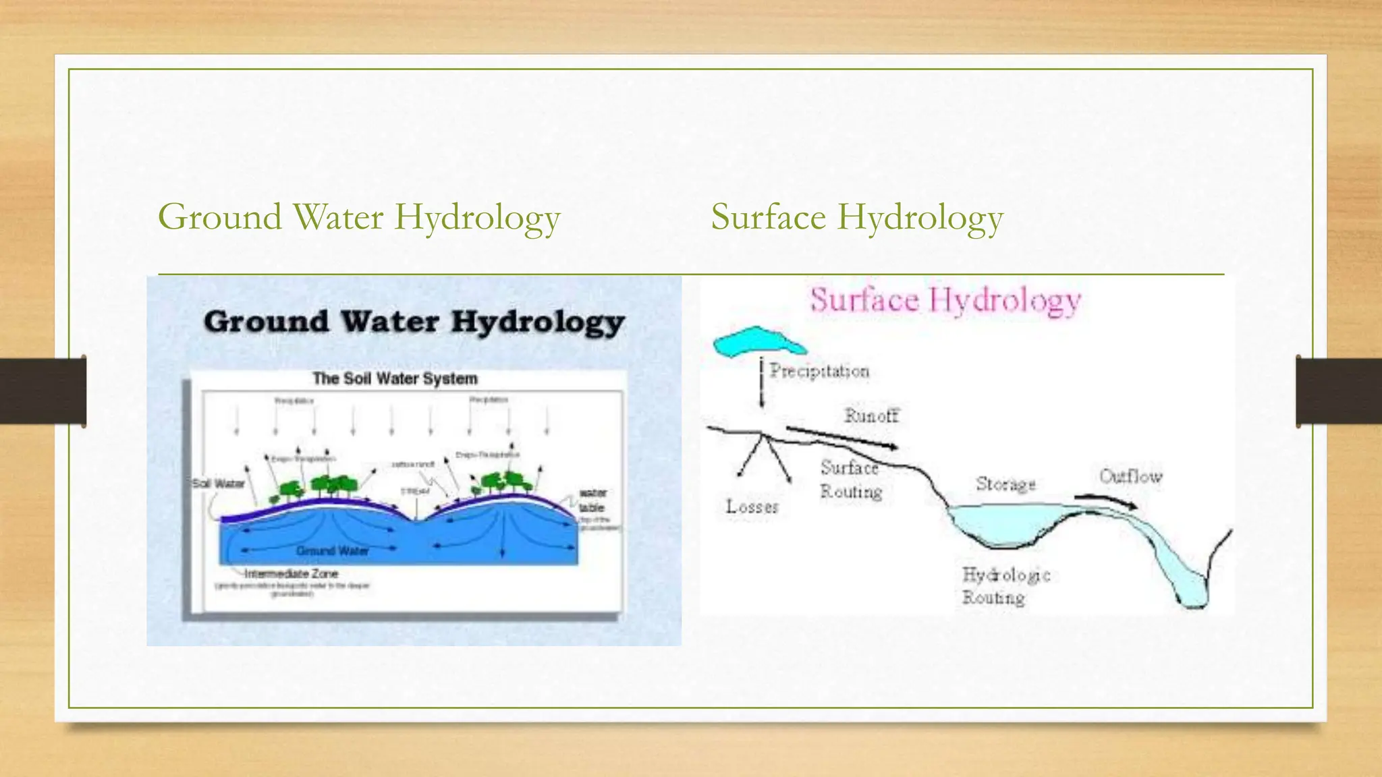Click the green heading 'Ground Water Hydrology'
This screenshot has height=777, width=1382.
pos(359,217)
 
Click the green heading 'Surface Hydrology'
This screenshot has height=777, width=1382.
pos(856,217)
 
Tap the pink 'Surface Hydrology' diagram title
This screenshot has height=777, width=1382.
pos(945,299)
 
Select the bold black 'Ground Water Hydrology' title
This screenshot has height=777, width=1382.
pos(414,322)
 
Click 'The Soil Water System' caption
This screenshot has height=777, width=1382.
pos(395,378)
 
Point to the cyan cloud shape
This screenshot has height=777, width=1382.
pos(758,341)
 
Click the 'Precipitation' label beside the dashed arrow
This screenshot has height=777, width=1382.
pos(819,371)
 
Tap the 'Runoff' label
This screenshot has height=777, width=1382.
pos(871,415)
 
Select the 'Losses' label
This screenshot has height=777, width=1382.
pos(752,507)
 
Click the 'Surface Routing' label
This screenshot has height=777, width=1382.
pos(850,480)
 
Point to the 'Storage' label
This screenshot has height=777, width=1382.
pos(1005,484)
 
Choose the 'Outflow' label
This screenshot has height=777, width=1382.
pos(1131,477)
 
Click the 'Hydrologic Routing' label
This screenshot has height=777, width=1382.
pos(1005,586)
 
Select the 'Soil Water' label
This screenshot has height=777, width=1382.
pos(218,484)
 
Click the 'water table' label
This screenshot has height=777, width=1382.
pos(592,500)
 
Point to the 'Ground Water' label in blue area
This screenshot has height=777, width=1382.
pos(332,551)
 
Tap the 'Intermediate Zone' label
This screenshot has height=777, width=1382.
pos(291,574)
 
